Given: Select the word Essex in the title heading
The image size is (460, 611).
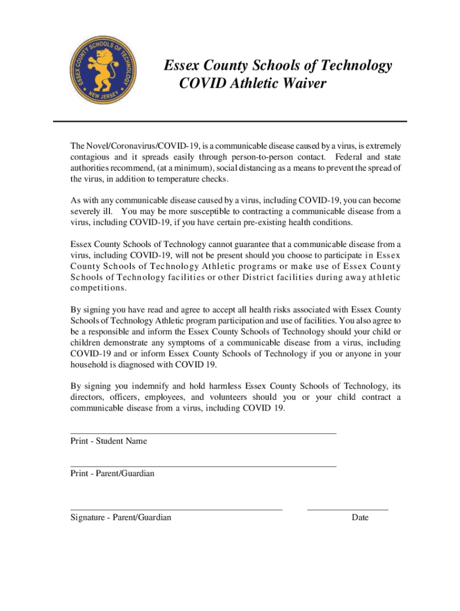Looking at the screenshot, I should click(184, 65).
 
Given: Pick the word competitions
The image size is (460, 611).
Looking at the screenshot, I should click(98, 288).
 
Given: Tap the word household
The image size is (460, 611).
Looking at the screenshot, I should click(90, 365).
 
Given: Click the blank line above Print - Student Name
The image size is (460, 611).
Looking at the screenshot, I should click(203, 433).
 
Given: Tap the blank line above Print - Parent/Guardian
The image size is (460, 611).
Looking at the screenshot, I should click(203, 465).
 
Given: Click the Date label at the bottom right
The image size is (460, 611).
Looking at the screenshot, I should click(360, 518).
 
